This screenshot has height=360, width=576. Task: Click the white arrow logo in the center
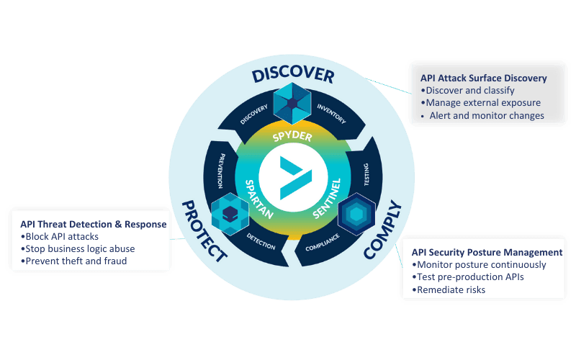tap(293, 179)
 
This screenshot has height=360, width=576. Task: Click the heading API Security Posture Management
tap(487, 253)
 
